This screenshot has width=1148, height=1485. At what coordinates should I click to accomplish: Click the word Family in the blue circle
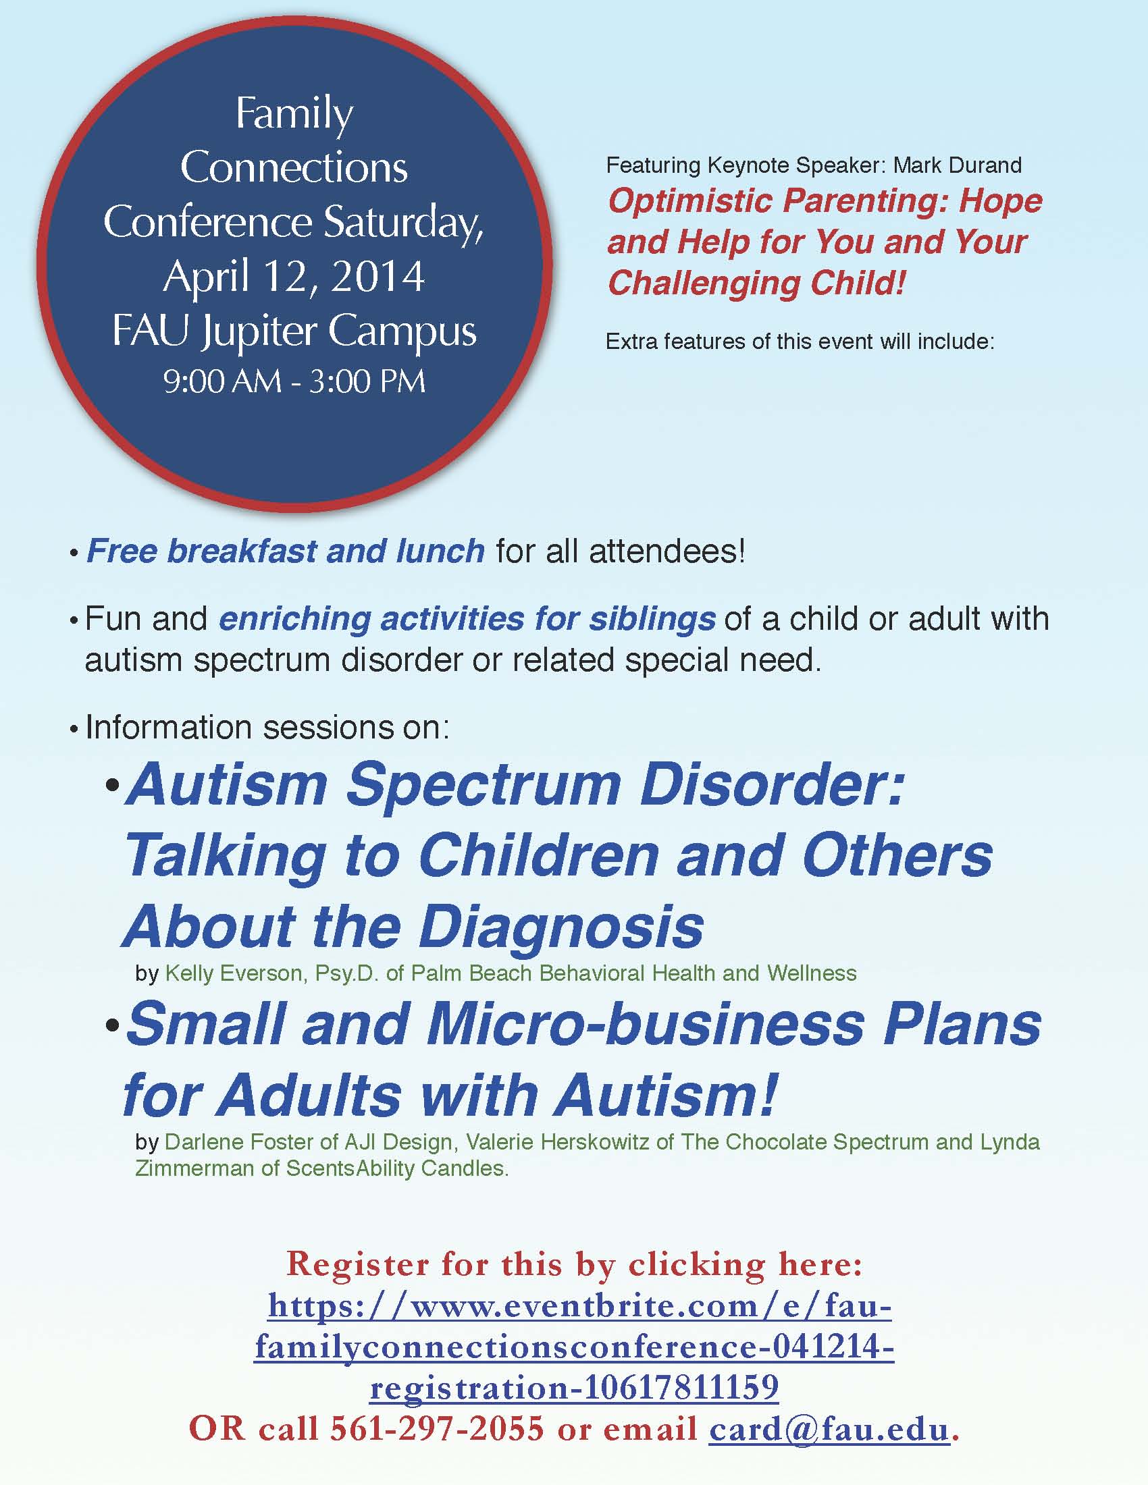294,115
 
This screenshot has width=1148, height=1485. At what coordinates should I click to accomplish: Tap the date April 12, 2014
294,277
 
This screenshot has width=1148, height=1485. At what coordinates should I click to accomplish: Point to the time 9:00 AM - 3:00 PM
294,381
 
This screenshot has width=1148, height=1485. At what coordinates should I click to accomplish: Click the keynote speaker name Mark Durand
958,165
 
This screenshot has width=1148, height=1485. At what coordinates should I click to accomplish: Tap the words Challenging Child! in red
756,283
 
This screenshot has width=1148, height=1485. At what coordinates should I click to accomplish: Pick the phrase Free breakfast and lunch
286,551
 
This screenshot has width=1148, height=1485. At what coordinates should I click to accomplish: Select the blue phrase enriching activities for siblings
467,620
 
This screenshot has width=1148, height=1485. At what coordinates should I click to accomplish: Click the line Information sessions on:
267,728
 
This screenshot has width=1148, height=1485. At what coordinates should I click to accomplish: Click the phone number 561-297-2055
438,1428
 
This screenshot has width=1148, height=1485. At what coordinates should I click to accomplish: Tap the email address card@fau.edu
829,1428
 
